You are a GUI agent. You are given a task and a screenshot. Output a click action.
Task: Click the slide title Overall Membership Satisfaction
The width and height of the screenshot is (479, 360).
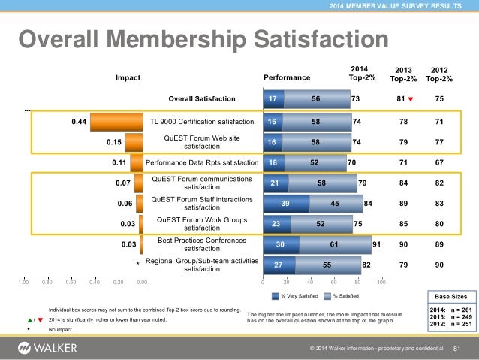(203, 39)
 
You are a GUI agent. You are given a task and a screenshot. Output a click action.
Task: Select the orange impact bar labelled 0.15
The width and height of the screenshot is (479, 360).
(135, 142)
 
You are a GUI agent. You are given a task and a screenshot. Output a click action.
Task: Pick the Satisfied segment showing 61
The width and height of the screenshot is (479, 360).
(335, 244)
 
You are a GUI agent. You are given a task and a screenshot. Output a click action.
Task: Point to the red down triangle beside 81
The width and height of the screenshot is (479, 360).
(411, 98)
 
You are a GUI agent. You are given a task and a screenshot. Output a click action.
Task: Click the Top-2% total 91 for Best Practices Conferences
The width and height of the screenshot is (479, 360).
(376, 244)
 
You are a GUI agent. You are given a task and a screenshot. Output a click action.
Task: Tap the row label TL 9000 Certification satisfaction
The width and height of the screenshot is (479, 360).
(201, 120)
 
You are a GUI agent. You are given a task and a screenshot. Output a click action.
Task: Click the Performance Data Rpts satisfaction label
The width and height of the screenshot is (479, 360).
(201, 162)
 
